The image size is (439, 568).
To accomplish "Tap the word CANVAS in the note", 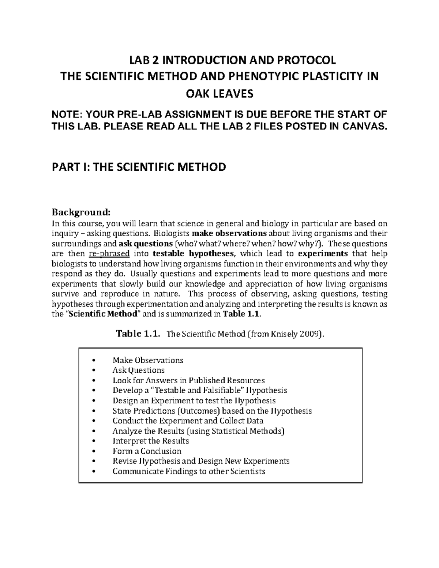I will coord(364,127).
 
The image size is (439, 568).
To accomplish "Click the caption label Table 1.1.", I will coord(138,334).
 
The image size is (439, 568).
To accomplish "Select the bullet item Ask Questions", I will coord(139,370).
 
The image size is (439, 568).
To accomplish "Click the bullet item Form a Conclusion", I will coord(147,451).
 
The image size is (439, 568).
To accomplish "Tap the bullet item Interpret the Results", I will coord(151,441).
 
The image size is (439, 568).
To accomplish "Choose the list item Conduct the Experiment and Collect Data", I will coord(188,421).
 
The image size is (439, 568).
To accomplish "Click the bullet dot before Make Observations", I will coord(95,360).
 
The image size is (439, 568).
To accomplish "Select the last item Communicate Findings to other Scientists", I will coord(189,471).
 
